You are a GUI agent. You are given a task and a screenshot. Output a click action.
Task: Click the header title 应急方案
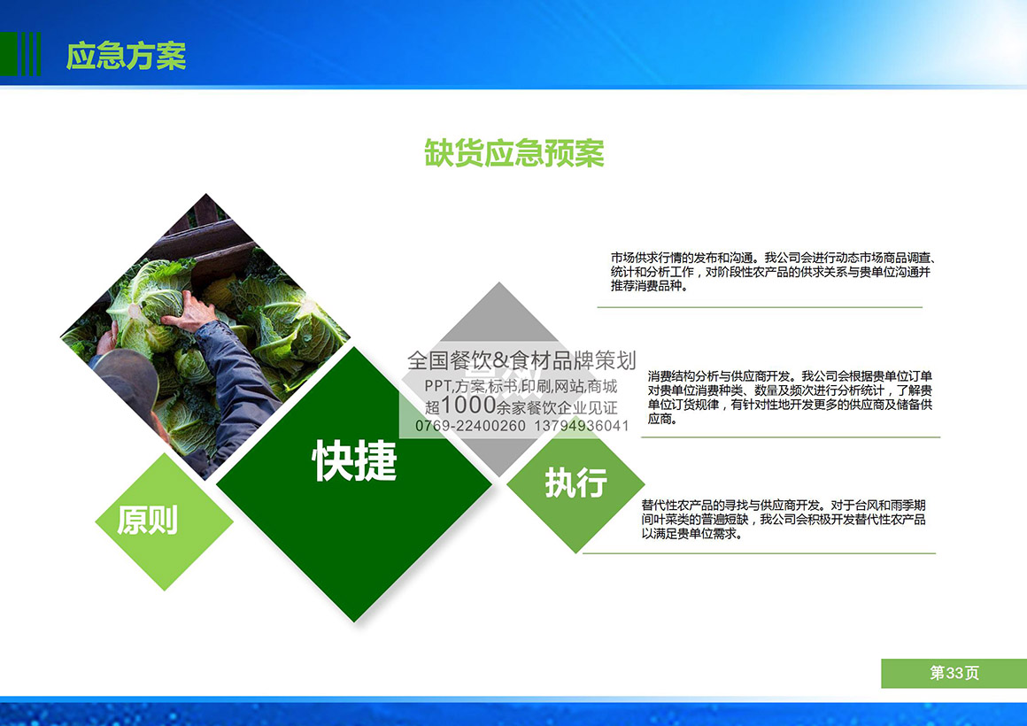click(126, 56)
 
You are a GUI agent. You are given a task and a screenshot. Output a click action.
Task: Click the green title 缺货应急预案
click(514, 153)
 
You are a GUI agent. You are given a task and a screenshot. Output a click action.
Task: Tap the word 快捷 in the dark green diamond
click(354, 460)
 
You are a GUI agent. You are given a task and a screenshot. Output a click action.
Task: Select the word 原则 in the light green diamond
click(147, 521)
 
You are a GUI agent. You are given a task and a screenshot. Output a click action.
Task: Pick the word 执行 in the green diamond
click(575, 483)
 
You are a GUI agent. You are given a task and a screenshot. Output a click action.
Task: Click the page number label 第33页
click(954, 673)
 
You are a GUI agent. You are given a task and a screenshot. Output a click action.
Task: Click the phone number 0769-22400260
click(469, 426)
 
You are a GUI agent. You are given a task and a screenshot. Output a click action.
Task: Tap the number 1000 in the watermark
click(468, 405)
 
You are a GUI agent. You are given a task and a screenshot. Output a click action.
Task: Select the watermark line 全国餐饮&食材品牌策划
click(521, 359)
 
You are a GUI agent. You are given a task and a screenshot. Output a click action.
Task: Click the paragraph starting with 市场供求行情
click(772, 272)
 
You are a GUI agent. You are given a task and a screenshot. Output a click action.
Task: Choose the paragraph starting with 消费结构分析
click(790, 398)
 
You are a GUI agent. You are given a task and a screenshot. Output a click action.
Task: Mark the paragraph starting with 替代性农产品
click(784, 520)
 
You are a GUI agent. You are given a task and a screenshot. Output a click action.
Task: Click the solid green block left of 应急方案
click(9, 54)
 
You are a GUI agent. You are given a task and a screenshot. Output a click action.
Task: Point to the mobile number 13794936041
click(582, 426)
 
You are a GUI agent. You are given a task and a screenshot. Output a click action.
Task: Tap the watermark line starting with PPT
click(521, 387)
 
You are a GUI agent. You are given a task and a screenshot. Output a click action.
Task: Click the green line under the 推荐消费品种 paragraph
click(760, 306)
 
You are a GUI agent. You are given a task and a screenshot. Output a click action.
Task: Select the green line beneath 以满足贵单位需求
click(759, 553)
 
